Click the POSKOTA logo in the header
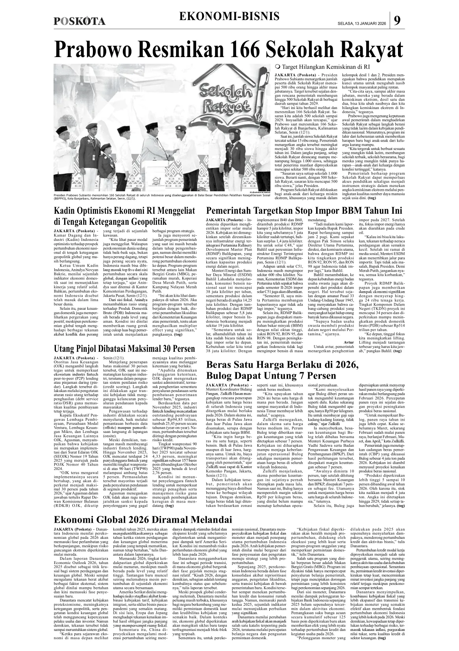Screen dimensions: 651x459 (x=80, y=21)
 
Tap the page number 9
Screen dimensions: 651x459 (x=398, y=20)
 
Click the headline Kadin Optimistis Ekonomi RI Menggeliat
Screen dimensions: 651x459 (x=125, y=211)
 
